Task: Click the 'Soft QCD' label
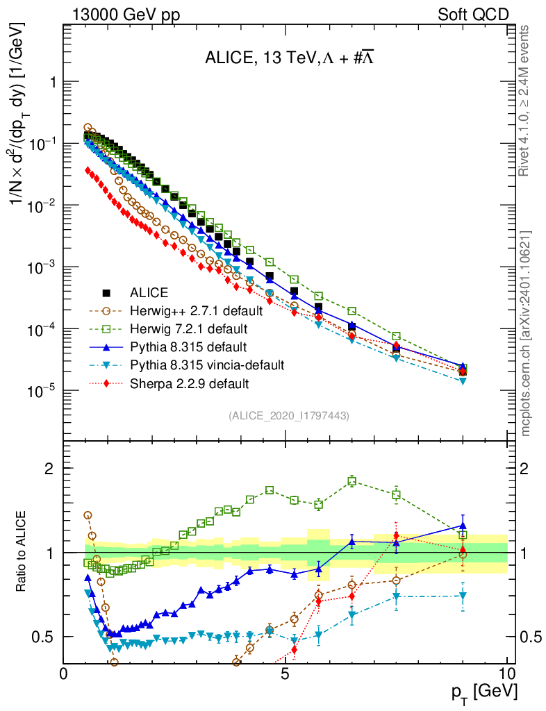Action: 473,15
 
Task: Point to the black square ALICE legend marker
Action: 106,292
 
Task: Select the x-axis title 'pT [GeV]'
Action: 484,693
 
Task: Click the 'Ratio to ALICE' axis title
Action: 22,552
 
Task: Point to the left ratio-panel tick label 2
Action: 49,468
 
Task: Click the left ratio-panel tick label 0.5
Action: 44,637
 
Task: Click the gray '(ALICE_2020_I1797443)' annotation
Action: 288,415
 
